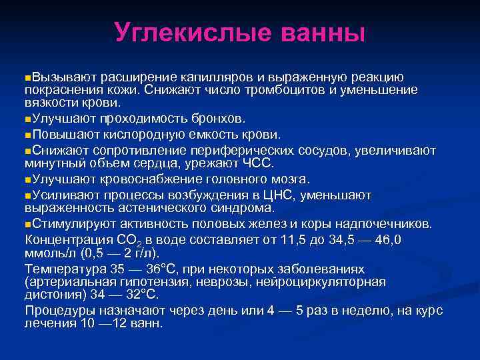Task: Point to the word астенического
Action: (155, 207)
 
